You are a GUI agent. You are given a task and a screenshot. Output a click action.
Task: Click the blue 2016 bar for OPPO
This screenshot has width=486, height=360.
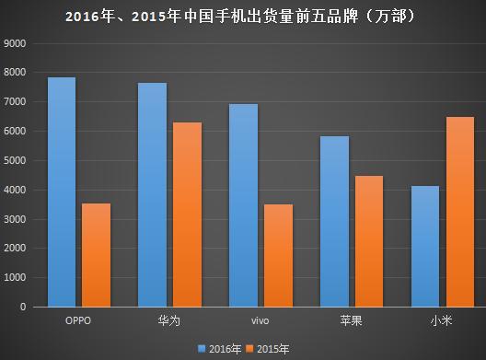62,192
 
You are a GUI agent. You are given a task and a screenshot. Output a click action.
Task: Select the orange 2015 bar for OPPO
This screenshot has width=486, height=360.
95,255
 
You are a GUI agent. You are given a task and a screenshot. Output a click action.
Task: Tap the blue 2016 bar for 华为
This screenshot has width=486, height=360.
152,194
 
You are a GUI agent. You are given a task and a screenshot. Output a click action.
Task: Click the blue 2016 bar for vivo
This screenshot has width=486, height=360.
243,204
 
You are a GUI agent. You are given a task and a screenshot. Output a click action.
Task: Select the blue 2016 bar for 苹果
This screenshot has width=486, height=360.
334,221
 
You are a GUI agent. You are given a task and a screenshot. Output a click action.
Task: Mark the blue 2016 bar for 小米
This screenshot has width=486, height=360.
424,246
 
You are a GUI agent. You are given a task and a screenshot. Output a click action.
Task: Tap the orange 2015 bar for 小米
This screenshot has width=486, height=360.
458,212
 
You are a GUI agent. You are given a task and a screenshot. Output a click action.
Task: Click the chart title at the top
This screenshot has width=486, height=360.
243,16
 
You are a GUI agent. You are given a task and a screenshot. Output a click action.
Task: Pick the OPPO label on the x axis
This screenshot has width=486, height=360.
77,320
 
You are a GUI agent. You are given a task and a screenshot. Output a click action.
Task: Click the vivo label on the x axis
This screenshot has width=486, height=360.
260,320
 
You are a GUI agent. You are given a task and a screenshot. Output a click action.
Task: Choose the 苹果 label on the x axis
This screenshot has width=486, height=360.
351,320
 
